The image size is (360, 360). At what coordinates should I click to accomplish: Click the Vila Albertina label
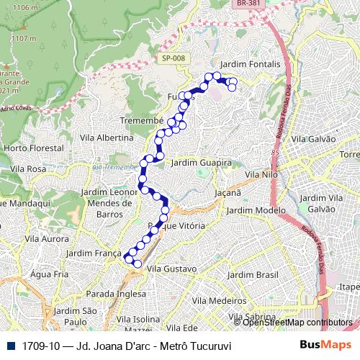pyautogui.click(x=107, y=138)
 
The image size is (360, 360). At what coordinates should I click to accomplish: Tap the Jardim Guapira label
pyautogui.click(x=202, y=163)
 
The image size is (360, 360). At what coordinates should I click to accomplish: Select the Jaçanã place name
pyautogui.click(x=228, y=193)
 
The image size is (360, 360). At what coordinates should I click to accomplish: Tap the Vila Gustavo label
pyautogui.click(x=171, y=269)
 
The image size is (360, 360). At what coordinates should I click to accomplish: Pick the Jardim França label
pyautogui.click(x=93, y=253)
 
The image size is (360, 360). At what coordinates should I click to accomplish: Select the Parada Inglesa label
pyautogui.click(x=110, y=294)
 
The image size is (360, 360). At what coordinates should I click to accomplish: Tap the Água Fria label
pyautogui.click(x=49, y=274)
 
